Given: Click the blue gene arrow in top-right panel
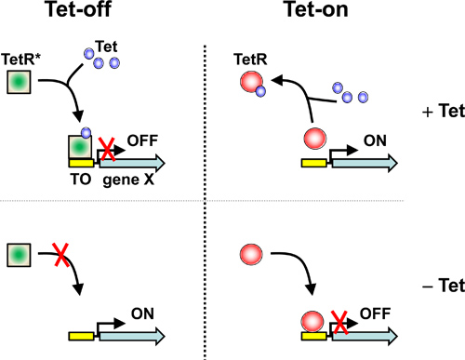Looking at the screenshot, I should click(364, 162).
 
